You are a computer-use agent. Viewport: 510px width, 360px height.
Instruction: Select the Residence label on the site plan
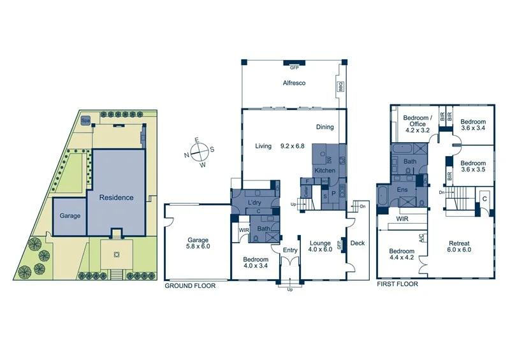tap(116, 198)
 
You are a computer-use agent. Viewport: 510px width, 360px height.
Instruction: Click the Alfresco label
tap(295, 83)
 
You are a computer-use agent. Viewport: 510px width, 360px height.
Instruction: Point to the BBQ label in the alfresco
tap(340, 86)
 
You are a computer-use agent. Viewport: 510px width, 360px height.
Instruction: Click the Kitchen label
tap(324, 171)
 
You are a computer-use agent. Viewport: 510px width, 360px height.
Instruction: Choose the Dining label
tap(324, 127)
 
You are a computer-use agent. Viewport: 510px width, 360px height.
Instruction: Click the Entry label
tap(290, 250)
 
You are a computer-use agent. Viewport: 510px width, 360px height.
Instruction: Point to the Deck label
tap(357, 243)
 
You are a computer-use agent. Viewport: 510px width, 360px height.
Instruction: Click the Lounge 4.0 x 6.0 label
tap(319, 247)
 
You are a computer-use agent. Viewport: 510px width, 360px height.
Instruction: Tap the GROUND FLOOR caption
tap(190, 286)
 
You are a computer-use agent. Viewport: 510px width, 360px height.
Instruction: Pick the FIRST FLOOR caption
tap(397, 284)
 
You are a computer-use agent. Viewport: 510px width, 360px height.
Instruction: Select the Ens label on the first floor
tap(402, 189)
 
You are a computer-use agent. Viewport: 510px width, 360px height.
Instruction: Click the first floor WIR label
tap(402, 219)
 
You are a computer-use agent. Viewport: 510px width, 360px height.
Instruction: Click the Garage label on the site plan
tap(70, 216)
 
